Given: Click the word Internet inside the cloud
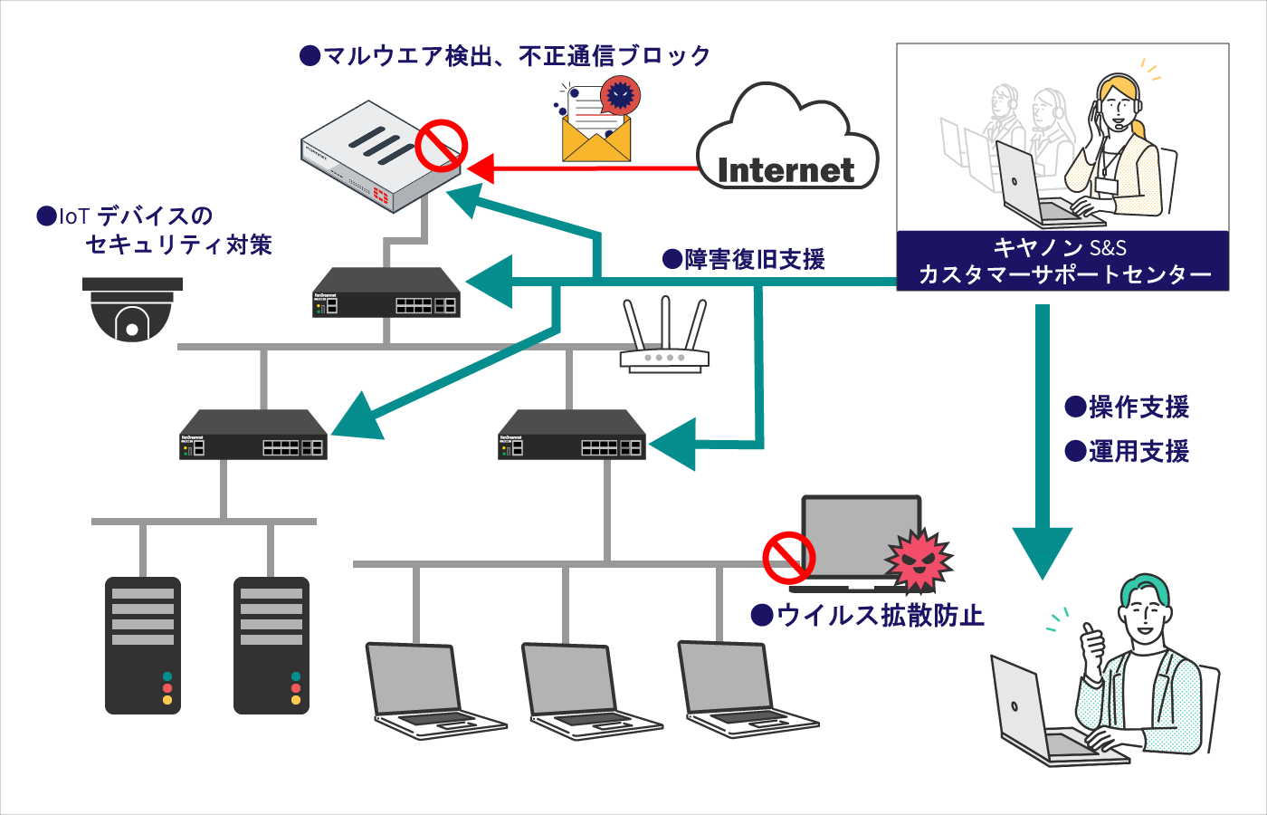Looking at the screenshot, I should pos(786,169).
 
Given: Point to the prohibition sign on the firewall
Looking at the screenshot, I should pos(441,147).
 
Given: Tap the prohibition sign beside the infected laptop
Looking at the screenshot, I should pos(788,558).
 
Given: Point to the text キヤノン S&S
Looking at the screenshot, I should pos(1060,247).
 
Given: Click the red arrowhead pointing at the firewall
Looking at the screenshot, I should pos(481,168).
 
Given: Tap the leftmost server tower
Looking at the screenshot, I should pos(143,646).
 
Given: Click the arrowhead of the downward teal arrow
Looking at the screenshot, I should pos(1043,552).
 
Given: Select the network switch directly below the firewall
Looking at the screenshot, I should pos(386,292).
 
